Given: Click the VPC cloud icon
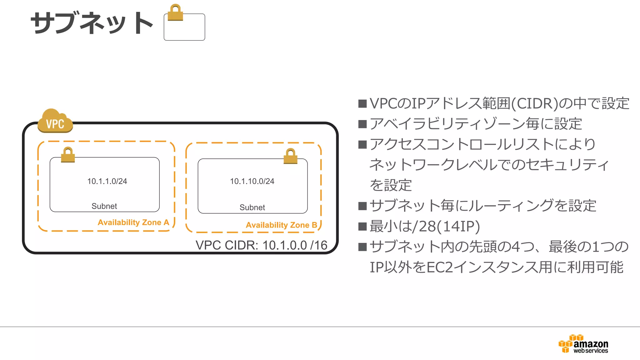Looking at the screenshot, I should [x=55, y=121].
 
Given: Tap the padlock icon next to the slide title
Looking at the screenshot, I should [x=175, y=13].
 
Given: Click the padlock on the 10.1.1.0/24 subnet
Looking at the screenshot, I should [x=68, y=155].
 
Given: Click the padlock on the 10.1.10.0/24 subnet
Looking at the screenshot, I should [x=291, y=156].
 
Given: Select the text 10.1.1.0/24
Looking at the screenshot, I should [x=107, y=181].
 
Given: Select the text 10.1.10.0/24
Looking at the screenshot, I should [x=252, y=181].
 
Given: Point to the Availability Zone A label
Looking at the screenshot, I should [x=133, y=222].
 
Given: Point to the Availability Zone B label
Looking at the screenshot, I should [x=281, y=225].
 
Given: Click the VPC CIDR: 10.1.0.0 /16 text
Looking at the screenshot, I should [x=261, y=245].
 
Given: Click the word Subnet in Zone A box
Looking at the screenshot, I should [x=104, y=206].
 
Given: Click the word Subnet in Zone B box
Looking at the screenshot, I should [x=252, y=207].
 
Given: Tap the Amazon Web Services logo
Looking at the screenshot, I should [x=583, y=344].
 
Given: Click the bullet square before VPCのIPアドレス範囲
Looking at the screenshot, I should [x=362, y=103].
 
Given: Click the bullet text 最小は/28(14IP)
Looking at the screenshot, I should [x=424, y=226].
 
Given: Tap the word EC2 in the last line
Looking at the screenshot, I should [x=439, y=267].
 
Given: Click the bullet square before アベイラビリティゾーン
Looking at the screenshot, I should [x=362, y=124].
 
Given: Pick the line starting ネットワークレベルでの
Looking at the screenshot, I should [x=489, y=165].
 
